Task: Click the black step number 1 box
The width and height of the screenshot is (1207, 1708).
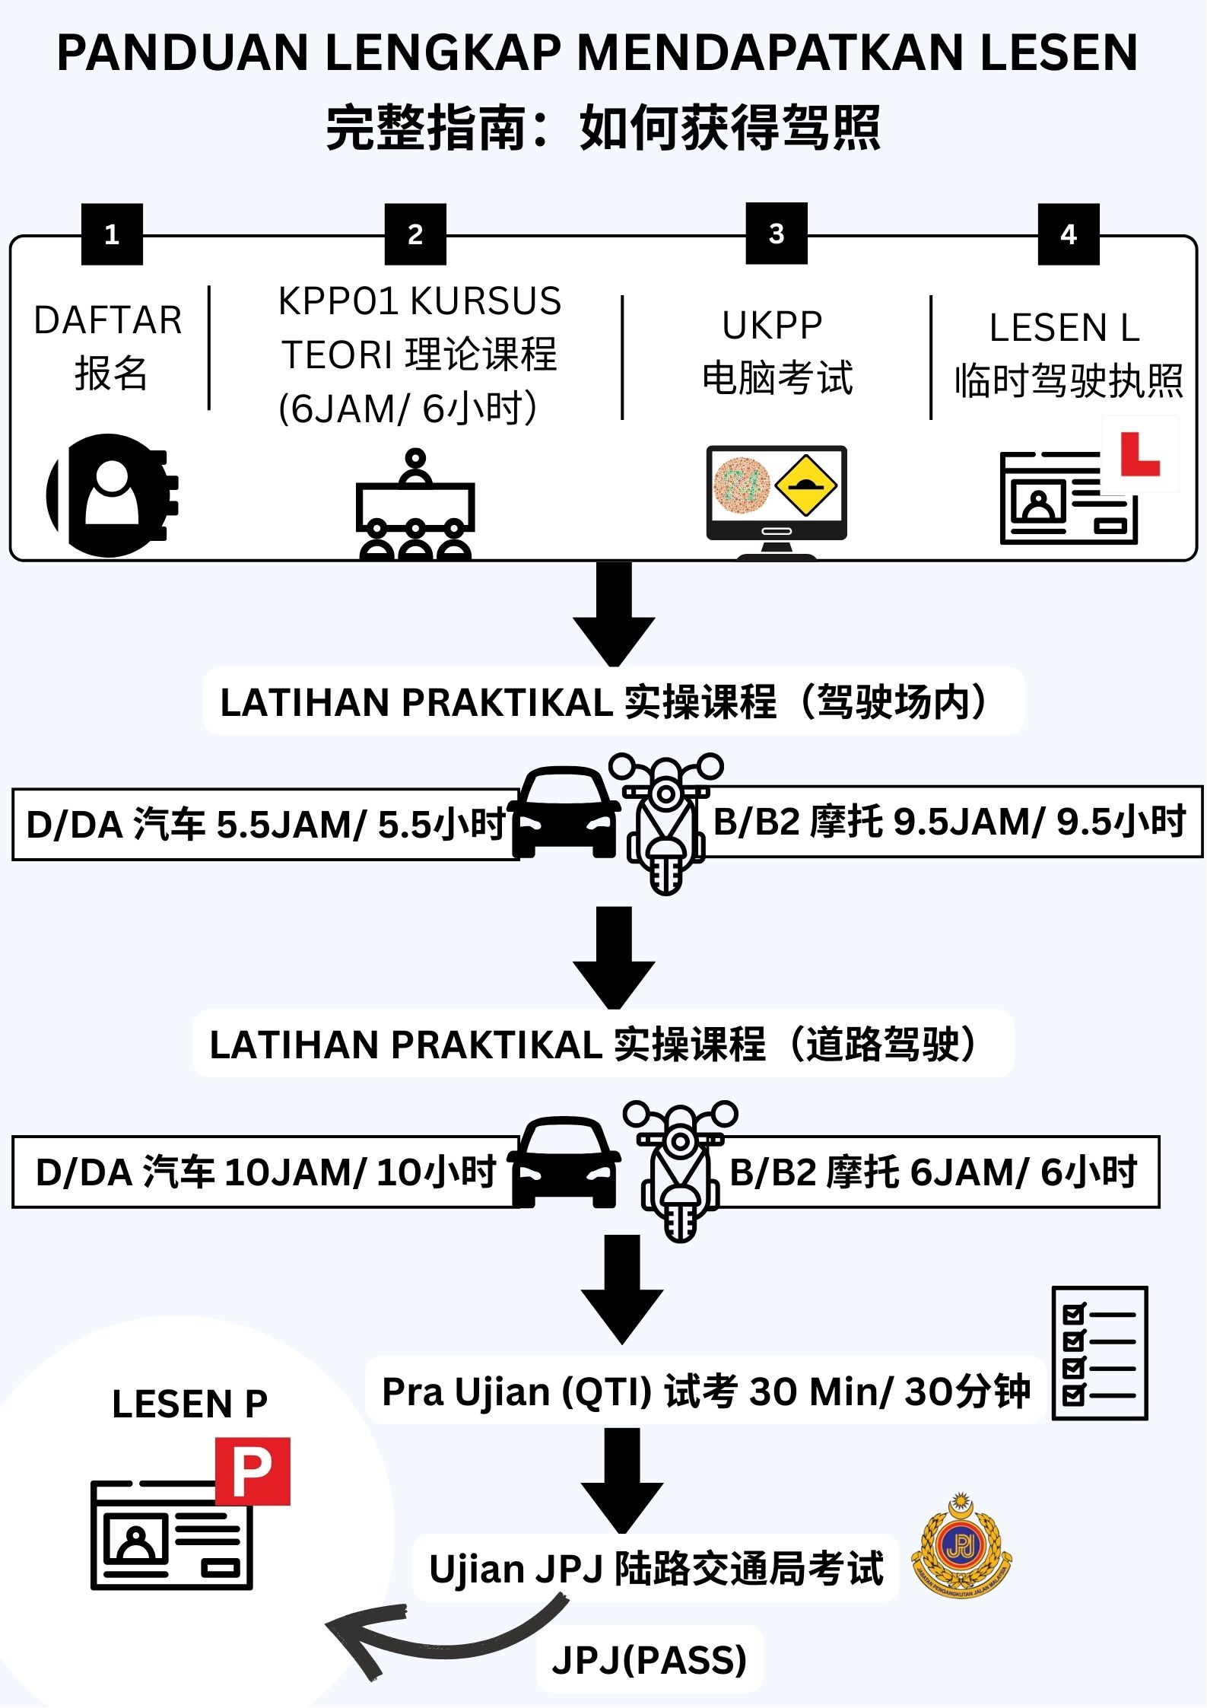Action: (x=112, y=234)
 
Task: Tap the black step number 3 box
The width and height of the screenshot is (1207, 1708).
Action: (x=776, y=234)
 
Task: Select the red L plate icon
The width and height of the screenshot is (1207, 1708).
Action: (x=1139, y=453)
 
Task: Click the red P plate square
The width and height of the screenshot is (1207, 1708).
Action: (x=253, y=1471)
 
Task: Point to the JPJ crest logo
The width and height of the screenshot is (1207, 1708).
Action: (x=962, y=1547)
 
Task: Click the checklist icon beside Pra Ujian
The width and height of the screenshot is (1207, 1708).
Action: (x=1099, y=1353)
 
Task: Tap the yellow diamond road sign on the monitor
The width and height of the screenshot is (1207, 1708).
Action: (x=807, y=485)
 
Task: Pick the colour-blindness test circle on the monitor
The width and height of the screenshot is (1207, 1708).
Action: (x=742, y=485)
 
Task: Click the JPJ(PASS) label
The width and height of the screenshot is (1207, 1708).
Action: (x=650, y=1659)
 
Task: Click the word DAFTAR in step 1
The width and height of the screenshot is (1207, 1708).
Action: (x=108, y=320)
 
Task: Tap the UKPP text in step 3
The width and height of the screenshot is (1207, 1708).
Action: (x=772, y=326)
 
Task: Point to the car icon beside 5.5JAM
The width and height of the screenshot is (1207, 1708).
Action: (x=564, y=813)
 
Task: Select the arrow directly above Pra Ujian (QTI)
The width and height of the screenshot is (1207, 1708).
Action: (x=622, y=1288)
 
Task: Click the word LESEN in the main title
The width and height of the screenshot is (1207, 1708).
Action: (x=1059, y=53)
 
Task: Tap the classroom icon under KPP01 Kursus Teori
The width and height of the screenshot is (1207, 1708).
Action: (x=415, y=506)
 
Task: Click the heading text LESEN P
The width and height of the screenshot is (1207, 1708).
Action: (x=189, y=1404)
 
